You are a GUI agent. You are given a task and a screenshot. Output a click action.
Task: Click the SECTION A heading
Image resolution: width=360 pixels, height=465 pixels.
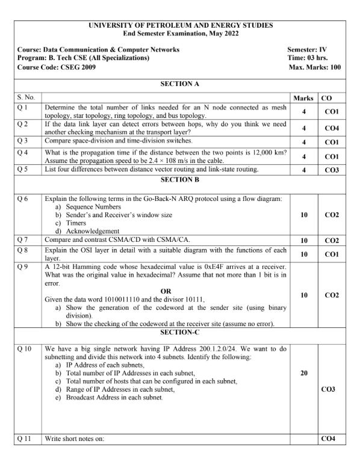tap(180, 84)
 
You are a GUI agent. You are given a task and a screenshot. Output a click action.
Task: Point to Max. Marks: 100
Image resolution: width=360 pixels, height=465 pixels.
tap(315, 67)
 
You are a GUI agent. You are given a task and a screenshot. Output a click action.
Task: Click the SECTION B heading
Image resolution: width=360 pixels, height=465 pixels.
tap(180, 179)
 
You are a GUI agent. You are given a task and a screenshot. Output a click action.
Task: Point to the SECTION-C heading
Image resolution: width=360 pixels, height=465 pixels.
tap(180, 332)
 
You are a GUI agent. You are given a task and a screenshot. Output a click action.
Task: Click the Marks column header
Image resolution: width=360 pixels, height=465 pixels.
tap(303, 97)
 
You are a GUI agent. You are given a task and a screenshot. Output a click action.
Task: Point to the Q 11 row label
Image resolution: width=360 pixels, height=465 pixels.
tap(25, 439)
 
